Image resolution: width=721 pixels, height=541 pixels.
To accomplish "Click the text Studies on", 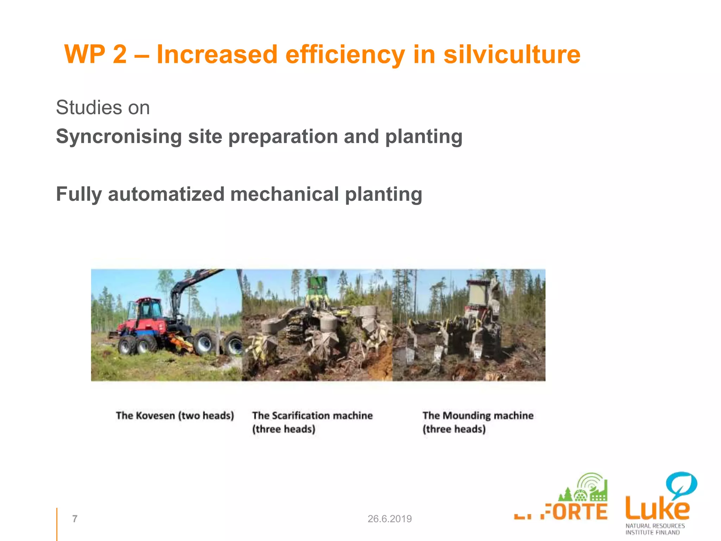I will (x=103, y=107).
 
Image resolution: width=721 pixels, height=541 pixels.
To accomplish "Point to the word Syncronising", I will (x=119, y=137).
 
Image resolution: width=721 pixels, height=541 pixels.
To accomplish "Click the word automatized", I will (x=166, y=194).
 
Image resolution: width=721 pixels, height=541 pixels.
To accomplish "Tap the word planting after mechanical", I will (x=383, y=194).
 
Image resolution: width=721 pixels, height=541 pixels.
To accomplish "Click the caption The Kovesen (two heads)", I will (x=175, y=416).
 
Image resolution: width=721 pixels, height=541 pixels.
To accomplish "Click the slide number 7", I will (x=75, y=518).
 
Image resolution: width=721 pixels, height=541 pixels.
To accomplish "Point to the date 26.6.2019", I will (x=389, y=518).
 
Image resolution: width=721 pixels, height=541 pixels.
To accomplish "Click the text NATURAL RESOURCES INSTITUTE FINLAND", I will (x=655, y=529).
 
